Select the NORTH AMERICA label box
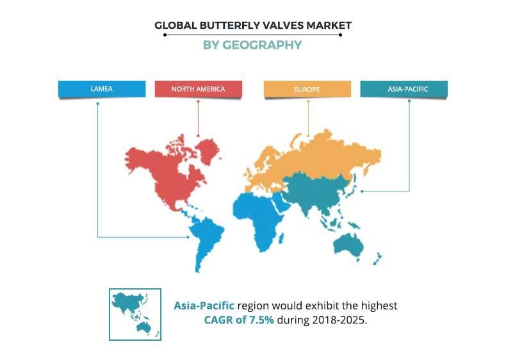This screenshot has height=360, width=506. (x=198, y=89)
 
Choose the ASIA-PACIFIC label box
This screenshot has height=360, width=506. (x=404, y=89)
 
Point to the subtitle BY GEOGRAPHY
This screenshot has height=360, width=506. (x=252, y=45)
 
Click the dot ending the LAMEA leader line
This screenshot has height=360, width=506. (x=188, y=237)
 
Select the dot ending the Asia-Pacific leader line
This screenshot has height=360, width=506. (x=363, y=190)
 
